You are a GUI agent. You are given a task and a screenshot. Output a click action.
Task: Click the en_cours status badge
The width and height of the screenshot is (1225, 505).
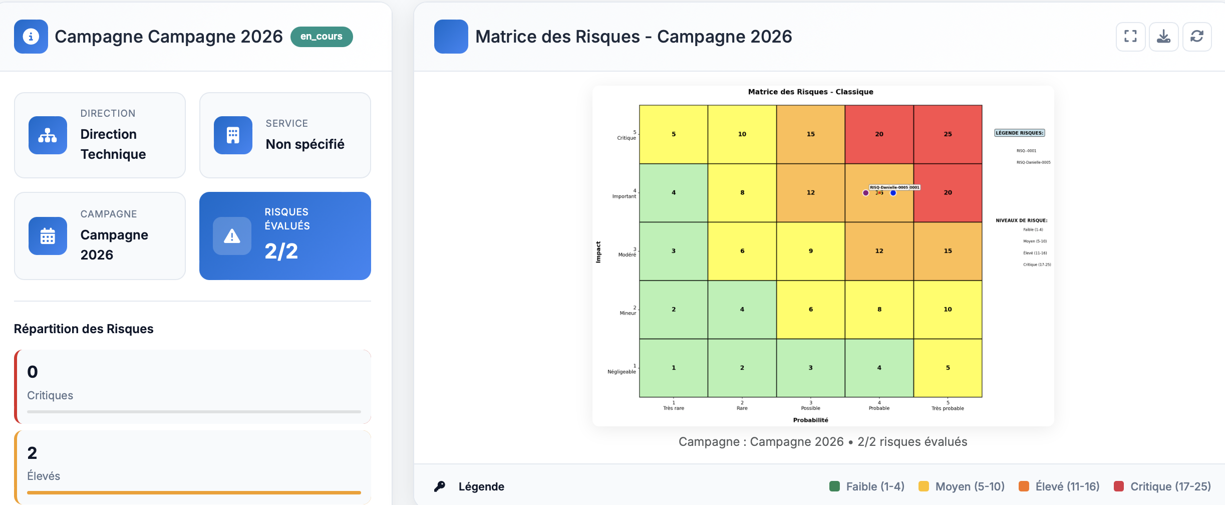coord(322,37)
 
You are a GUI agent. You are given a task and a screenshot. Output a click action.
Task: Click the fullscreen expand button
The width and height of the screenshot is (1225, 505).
coord(1130,37)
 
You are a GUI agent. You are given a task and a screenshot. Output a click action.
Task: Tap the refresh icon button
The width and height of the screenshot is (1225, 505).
coord(1196,37)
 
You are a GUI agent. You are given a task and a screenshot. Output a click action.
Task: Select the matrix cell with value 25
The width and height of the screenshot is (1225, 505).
coord(948,134)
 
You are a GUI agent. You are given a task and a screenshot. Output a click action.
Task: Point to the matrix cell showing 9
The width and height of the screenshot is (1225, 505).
coord(810,251)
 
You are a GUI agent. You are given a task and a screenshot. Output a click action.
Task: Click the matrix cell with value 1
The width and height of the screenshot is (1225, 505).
coord(673,368)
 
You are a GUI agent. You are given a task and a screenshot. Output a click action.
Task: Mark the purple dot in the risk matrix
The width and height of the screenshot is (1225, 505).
coord(865,193)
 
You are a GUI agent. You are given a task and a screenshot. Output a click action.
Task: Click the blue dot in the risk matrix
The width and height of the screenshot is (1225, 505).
coord(893,193)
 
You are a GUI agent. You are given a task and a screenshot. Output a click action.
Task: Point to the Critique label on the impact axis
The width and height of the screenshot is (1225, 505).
coord(626,138)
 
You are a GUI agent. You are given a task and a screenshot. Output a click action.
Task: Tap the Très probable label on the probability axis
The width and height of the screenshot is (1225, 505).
coord(948,408)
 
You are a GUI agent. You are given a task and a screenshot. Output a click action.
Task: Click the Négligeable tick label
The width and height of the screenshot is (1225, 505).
coord(622,372)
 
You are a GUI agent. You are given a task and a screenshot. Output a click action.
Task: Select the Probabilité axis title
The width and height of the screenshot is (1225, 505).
coord(810,420)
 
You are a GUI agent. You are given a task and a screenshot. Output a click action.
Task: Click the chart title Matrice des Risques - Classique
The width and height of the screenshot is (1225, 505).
coord(810,92)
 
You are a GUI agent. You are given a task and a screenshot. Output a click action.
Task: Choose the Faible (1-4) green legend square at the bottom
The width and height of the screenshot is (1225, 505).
coord(834,486)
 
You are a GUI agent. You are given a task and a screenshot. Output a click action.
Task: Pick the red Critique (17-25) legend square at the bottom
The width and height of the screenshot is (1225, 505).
coord(1118,486)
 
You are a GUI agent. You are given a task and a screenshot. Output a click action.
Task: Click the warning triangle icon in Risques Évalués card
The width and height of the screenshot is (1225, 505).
coord(232,236)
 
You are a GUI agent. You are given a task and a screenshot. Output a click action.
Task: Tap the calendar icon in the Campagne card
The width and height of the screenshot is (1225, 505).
coord(48,236)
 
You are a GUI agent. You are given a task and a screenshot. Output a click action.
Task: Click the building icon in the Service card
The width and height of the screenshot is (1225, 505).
coord(233,135)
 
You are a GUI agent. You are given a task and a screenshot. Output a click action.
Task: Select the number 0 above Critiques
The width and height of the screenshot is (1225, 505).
coord(33,372)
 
